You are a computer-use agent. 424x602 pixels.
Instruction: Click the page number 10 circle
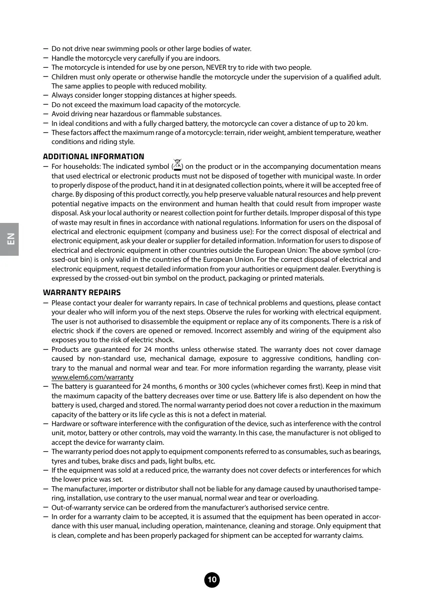point(212,580)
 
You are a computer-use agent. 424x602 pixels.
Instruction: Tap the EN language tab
point(10,239)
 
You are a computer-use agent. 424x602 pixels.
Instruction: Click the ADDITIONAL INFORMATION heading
point(93,157)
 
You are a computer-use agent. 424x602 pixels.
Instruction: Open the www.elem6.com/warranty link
point(92,378)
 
